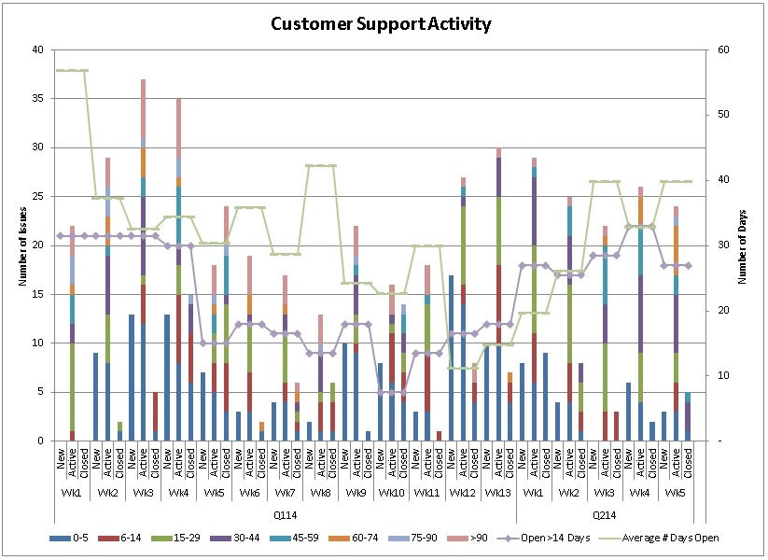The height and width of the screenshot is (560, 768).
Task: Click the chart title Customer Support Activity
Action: (x=381, y=23)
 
